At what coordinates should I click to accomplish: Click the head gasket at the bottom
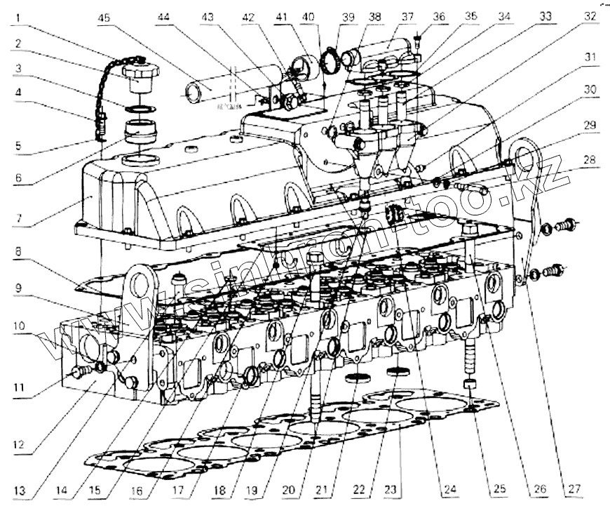tap(294, 439)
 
